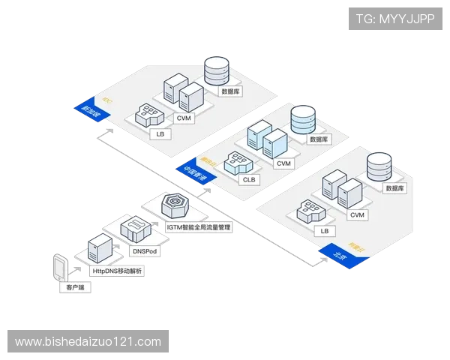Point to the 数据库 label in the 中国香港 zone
pos(319,139)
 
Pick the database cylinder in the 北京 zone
pos(380,167)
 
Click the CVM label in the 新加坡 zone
pos(184,118)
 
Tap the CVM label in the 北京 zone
pos(358,215)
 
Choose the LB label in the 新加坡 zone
pos(160,134)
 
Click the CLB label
pos(248,180)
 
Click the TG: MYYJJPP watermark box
pos(394,18)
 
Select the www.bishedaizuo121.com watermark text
pos(88,342)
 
